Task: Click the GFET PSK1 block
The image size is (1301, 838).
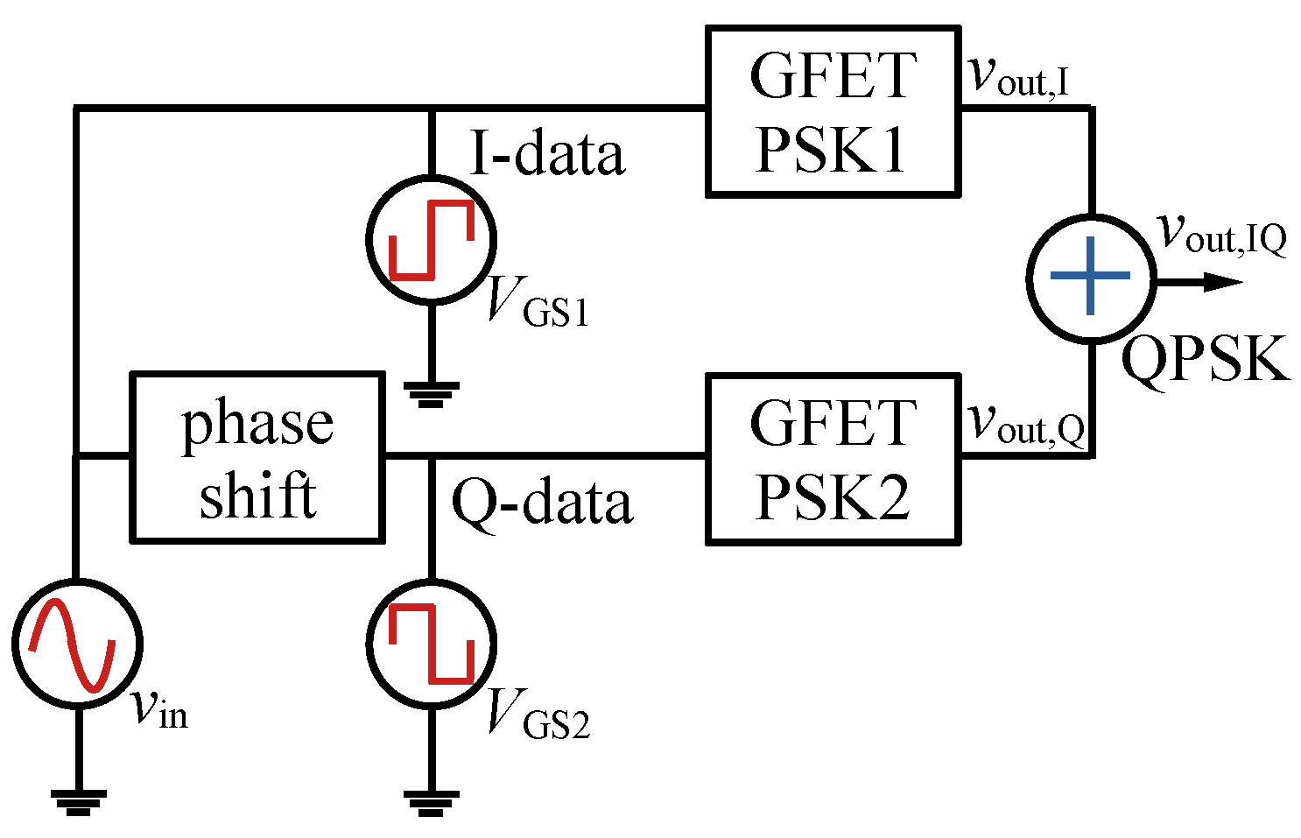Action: (x=831, y=111)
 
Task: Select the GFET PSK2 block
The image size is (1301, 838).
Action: (x=831, y=459)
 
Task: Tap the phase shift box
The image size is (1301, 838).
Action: (x=257, y=457)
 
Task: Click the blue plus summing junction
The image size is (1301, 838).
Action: (x=1090, y=277)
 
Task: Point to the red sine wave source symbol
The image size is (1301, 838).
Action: (x=76, y=643)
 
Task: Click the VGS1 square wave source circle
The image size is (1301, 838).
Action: (x=431, y=239)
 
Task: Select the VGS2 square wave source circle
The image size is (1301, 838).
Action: (x=431, y=643)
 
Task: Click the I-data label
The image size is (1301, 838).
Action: (x=547, y=154)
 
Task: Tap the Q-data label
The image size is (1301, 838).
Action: (x=541, y=503)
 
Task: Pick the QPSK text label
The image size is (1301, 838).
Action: (x=1206, y=359)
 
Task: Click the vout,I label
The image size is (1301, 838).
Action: (x=1018, y=76)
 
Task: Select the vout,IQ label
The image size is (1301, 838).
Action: (x=1221, y=233)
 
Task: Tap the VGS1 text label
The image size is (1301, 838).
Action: (x=537, y=301)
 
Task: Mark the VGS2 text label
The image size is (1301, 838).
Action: (x=537, y=713)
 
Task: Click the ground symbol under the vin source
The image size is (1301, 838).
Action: (x=78, y=802)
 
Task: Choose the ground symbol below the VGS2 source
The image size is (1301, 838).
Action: (x=431, y=802)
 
